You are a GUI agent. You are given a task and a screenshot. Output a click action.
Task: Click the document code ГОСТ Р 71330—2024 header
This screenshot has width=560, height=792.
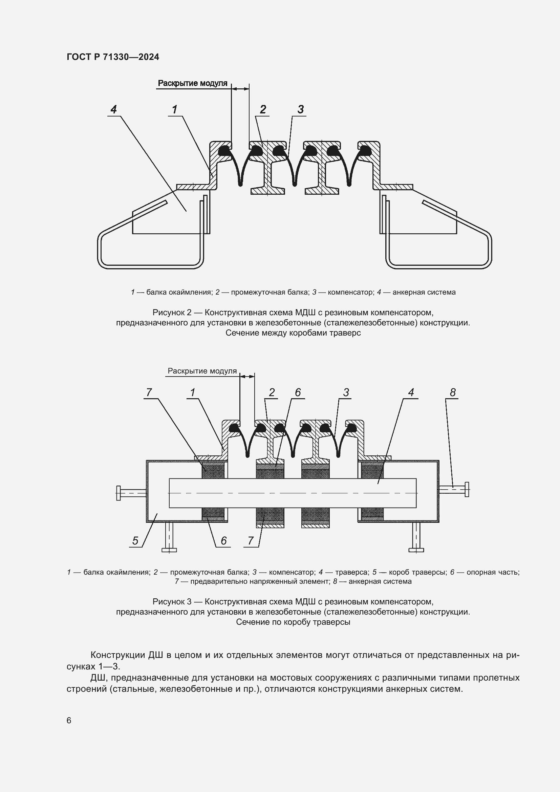point(113,57)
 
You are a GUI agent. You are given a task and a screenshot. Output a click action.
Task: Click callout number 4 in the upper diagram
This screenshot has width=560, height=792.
point(113,109)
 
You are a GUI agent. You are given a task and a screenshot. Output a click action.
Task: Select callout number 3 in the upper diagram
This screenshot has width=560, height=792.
point(300,109)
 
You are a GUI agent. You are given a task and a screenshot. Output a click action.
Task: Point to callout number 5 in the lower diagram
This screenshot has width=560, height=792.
point(135,540)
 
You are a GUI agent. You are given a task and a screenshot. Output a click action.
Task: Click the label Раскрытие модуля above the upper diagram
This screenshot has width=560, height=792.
point(192,83)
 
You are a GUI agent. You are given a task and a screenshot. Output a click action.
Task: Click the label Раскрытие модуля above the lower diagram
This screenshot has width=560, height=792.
point(202,371)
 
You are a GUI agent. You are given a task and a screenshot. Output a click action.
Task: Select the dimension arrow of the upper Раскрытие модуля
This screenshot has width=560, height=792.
point(240,89)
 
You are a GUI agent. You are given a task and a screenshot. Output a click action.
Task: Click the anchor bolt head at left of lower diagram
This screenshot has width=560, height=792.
point(118,493)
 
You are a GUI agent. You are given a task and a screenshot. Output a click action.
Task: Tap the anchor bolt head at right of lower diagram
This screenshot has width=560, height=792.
point(467,489)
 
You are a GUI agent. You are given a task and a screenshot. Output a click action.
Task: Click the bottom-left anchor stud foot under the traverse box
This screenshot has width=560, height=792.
point(169,550)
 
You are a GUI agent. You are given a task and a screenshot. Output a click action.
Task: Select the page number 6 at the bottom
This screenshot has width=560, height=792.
point(69,720)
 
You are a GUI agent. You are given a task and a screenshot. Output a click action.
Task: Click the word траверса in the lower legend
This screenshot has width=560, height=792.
point(351,572)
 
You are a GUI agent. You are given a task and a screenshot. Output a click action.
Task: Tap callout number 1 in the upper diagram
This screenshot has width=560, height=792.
point(174,109)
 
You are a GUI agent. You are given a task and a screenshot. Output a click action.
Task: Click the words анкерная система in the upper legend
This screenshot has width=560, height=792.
point(424,292)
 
